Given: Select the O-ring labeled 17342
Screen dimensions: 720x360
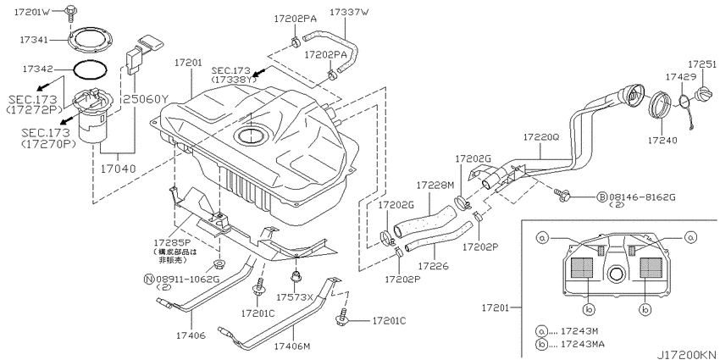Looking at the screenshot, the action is tap(91, 63).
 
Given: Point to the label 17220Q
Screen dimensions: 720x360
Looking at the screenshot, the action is tap(540, 137).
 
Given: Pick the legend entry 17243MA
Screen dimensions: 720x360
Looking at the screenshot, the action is tap(583, 344).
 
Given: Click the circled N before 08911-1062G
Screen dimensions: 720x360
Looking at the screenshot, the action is tap(149, 279).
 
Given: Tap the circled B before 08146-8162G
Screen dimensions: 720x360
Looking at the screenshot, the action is tap(602, 197).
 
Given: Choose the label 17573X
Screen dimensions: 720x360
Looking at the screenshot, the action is tap(294, 297).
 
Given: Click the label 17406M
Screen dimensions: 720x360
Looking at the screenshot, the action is tap(292, 345).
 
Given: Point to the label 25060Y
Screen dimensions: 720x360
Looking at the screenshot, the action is tap(146, 99).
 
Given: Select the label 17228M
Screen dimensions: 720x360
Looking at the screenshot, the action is tap(435, 185).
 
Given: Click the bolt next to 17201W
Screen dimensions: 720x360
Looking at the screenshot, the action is tap(70, 13).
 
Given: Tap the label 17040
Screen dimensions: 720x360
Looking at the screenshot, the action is tap(119, 169).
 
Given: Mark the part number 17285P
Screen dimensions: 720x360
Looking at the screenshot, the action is tap(171, 242).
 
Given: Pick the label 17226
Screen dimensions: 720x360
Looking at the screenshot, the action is tap(433, 265).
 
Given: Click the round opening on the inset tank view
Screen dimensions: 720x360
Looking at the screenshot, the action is tap(614, 274).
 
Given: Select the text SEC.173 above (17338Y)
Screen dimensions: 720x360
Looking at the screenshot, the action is tap(230, 70).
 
